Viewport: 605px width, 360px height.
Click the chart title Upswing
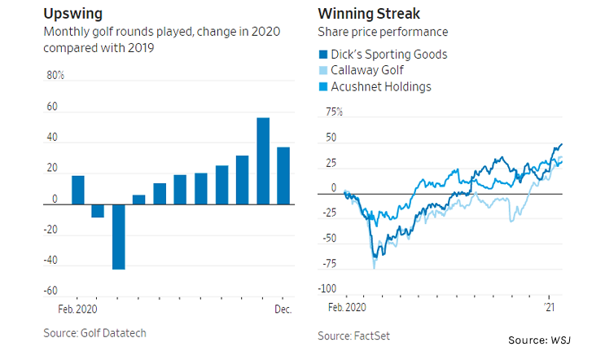(72, 14)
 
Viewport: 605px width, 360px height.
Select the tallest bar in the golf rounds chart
(263, 160)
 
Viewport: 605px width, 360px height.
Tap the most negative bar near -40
(118, 236)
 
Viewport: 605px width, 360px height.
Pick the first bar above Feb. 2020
(78, 190)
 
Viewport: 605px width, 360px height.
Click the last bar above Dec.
(283, 175)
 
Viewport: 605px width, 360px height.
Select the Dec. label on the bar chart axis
(283, 310)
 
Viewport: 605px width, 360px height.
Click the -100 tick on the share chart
(328, 289)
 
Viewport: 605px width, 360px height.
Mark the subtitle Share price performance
(382, 32)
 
